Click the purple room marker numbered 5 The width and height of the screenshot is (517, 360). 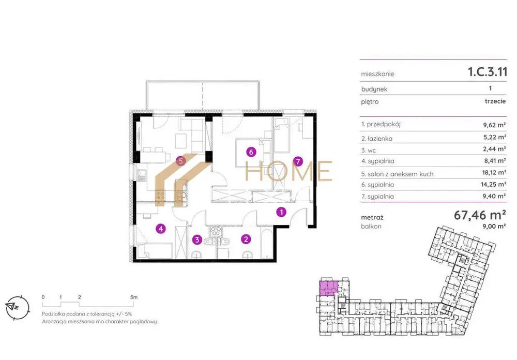pos(180,161)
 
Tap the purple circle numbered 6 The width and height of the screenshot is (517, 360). pos(251,152)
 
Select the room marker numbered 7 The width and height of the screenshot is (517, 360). pos(298,162)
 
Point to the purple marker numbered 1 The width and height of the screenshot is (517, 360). pos(281,212)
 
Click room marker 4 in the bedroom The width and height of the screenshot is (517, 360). pos(161,229)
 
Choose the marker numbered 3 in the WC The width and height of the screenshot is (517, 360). pos(197,239)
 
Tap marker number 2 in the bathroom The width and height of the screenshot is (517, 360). pos(246,239)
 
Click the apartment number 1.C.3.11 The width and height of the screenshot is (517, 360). pos(488,72)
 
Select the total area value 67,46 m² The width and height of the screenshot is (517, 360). pos(480,215)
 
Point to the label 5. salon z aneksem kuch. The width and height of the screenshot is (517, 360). pos(398,174)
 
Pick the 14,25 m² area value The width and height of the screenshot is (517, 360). pos(493,185)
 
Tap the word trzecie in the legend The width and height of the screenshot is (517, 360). pos(495,101)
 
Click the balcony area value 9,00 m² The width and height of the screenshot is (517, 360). pos(495,227)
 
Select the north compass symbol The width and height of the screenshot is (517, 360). pos(17,307)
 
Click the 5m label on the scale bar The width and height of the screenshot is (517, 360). pos(134,297)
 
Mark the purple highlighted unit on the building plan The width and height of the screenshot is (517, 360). pos(328,288)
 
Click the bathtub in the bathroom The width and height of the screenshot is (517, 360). pos(266,243)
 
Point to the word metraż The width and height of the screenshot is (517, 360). pos(372,217)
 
